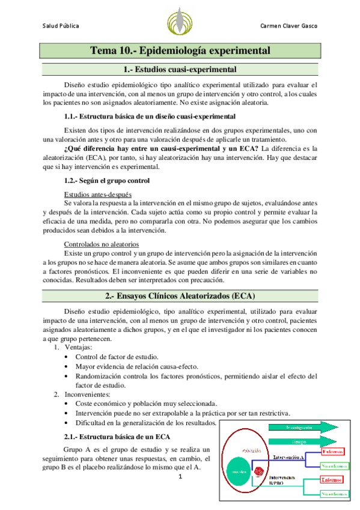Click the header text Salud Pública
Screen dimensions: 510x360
(x=61, y=26)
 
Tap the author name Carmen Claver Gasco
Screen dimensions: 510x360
(x=288, y=26)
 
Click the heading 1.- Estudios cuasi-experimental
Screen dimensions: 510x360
(x=180, y=69)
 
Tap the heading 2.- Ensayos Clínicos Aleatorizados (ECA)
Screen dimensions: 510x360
(x=180, y=296)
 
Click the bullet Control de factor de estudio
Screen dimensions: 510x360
(x=117, y=357)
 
